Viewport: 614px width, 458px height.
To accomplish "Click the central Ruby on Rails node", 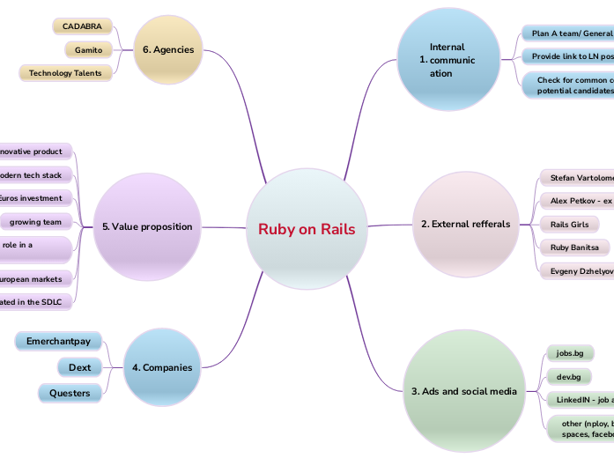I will tap(307, 229).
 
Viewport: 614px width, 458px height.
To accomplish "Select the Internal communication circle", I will tap(449, 60).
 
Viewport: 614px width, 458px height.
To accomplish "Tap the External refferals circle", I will tap(464, 224).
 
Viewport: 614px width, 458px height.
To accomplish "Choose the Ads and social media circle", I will tap(463, 391).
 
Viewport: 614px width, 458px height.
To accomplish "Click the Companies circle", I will tap(161, 367).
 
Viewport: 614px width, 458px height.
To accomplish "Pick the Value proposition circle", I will tap(146, 226).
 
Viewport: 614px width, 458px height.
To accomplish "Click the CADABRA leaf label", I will tap(82, 26).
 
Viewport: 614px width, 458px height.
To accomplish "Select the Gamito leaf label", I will tap(88, 50).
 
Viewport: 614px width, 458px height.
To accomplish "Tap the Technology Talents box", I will tap(65, 73).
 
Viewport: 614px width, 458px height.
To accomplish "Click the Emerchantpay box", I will tap(59, 341).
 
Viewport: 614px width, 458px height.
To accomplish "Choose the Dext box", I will tap(80, 367).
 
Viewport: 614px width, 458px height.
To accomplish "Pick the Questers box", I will tap(70, 393).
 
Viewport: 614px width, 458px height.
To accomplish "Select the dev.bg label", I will tap(568, 377).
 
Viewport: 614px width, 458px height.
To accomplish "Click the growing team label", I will tap(36, 222).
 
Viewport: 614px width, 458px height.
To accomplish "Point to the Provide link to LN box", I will tap(569, 56).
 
